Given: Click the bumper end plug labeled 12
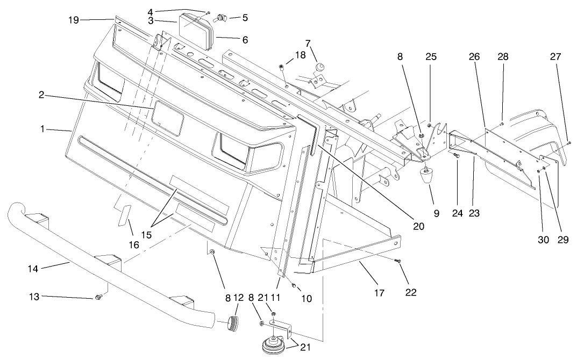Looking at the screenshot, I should click(x=233, y=322).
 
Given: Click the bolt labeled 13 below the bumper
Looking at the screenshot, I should click(x=98, y=297).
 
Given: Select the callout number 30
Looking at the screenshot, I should click(x=543, y=240).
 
